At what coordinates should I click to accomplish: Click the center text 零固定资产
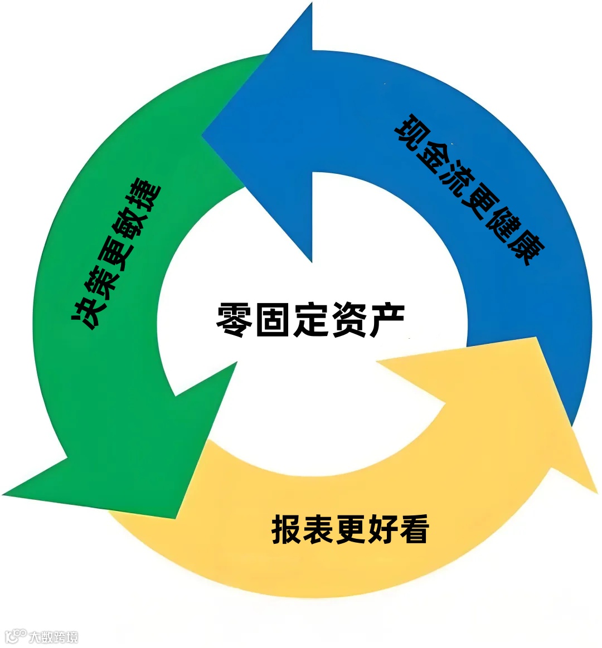[x=310, y=320]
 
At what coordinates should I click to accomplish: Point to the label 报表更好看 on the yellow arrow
[x=350, y=529]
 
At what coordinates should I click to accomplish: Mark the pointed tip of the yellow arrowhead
[x=596, y=491]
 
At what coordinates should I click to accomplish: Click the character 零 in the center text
[x=235, y=320]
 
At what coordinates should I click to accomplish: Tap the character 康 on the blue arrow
[x=526, y=249]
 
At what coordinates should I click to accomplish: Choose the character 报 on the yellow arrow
[x=287, y=529]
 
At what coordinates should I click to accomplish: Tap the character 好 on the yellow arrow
[x=382, y=529]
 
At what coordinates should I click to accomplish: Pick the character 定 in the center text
[x=310, y=320]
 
